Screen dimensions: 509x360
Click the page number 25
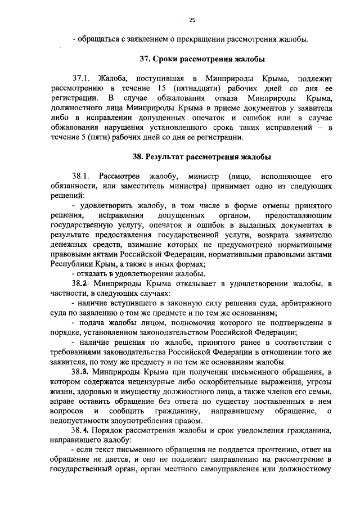[192, 20]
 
